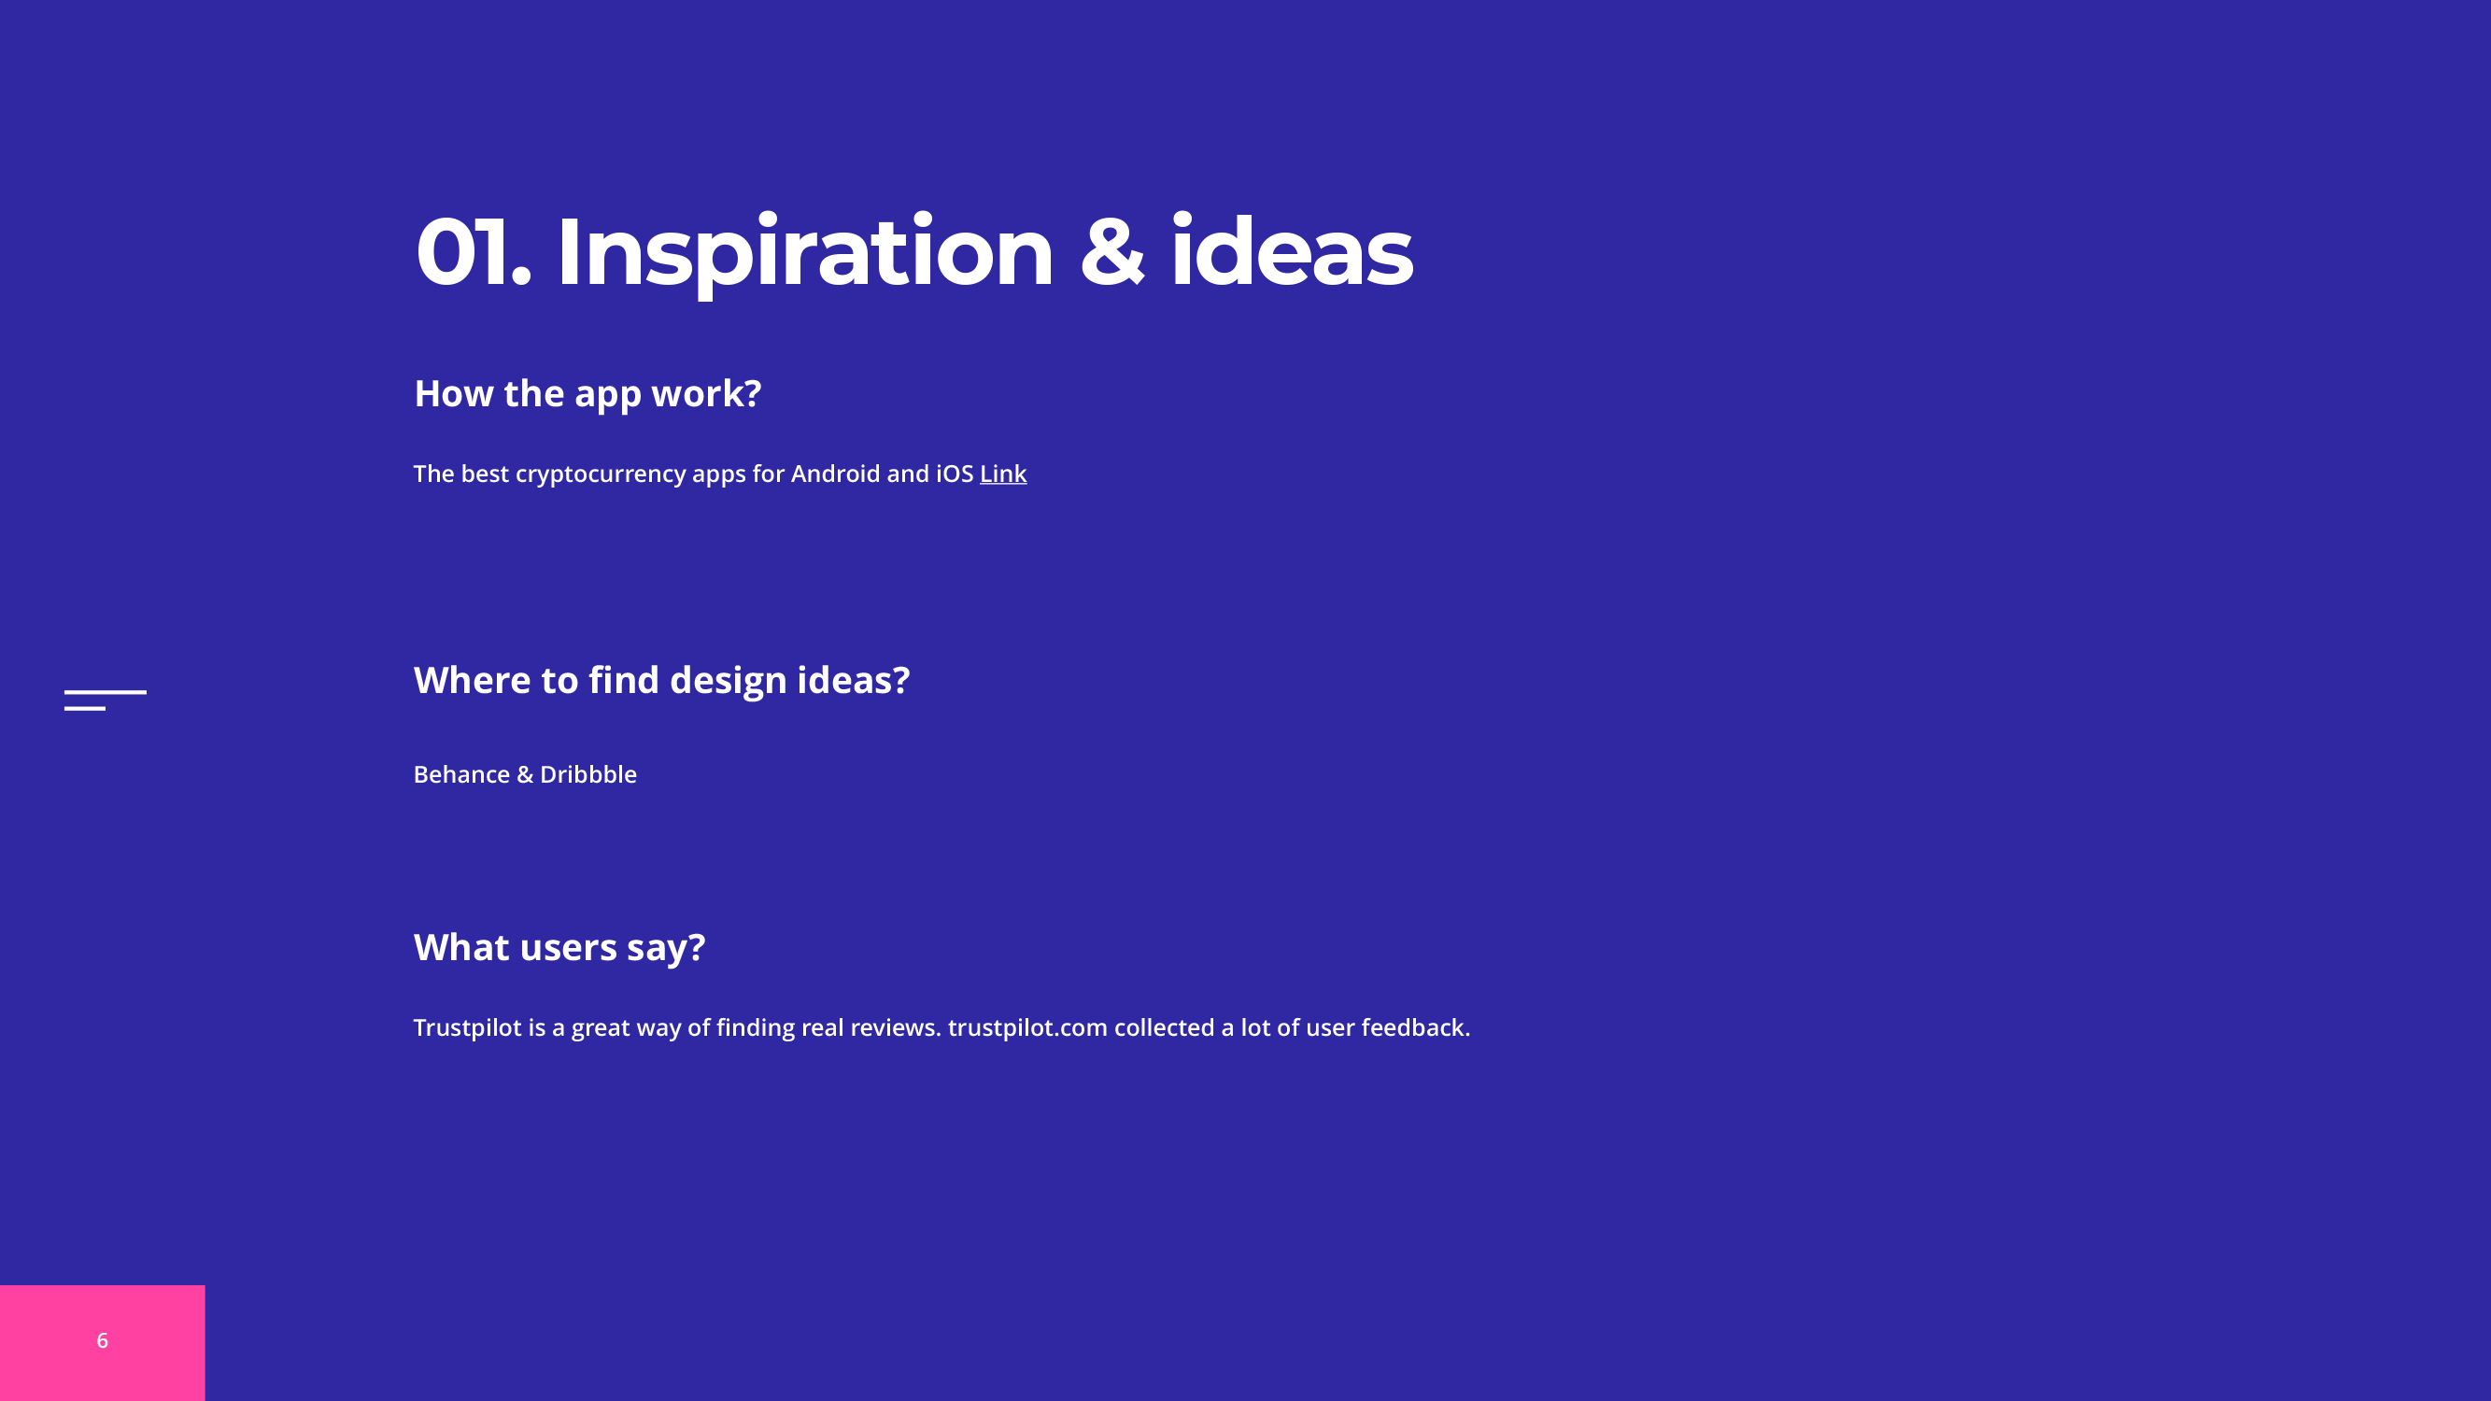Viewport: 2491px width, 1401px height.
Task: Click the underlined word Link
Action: [x=1003, y=474]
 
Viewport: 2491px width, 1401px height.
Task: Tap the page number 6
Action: [x=103, y=1340]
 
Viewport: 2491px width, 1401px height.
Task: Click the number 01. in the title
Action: [x=474, y=251]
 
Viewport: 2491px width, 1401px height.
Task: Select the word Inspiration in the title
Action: [x=804, y=254]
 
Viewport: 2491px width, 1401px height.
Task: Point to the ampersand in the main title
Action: [x=1112, y=251]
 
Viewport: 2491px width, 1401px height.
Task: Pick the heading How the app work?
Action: [x=587, y=394]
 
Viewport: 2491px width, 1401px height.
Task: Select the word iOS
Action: [x=955, y=474]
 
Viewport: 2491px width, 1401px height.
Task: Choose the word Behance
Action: [x=461, y=774]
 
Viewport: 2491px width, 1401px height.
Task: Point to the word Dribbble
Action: [x=587, y=774]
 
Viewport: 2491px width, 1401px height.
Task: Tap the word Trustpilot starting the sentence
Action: [x=467, y=1027]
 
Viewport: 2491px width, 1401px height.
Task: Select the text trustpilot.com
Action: [x=1027, y=1027]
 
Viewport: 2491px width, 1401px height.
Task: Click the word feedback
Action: [x=1416, y=1026]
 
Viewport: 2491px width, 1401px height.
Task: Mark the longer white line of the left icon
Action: [x=106, y=692]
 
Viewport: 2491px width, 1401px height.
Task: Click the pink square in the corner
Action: [x=103, y=1343]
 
